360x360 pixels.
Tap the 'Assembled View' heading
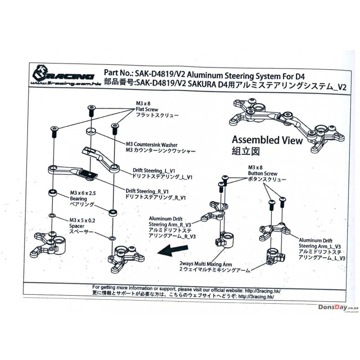(266, 140)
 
